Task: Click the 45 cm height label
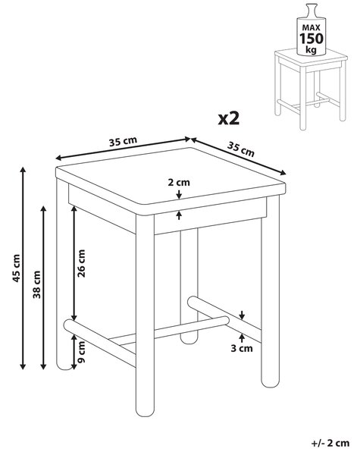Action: pyautogui.click(x=16, y=268)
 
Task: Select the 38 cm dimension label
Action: pyautogui.click(x=36, y=284)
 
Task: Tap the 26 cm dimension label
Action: pyautogui.click(x=81, y=263)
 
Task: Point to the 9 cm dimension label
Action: pyautogui.click(x=81, y=352)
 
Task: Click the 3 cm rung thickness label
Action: pyautogui.click(x=242, y=348)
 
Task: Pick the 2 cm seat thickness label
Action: pyautogui.click(x=179, y=183)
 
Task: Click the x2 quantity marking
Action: pyautogui.click(x=229, y=118)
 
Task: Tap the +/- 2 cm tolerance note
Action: pyautogui.click(x=330, y=443)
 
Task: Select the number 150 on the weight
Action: pyautogui.click(x=311, y=39)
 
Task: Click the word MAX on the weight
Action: pyautogui.click(x=311, y=27)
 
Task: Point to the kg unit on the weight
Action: pyautogui.click(x=311, y=49)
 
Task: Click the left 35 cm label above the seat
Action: pyautogui.click(x=123, y=141)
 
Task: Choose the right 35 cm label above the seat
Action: pyautogui.click(x=240, y=149)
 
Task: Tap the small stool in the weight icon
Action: pyautogui.click(x=311, y=89)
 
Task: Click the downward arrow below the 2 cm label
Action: pyautogui.click(x=179, y=194)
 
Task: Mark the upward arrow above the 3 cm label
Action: pyautogui.click(x=242, y=338)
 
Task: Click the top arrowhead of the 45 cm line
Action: pyautogui.click(x=23, y=169)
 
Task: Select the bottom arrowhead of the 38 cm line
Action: pyautogui.click(x=43, y=367)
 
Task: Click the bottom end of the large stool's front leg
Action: pyautogui.click(x=145, y=416)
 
